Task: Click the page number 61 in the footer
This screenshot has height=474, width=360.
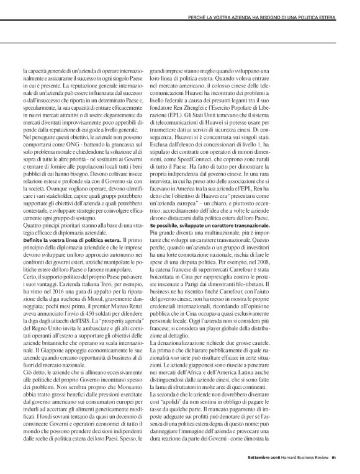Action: (x=335, y=459)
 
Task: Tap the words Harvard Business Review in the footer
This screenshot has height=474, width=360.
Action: (x=305, y=459)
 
